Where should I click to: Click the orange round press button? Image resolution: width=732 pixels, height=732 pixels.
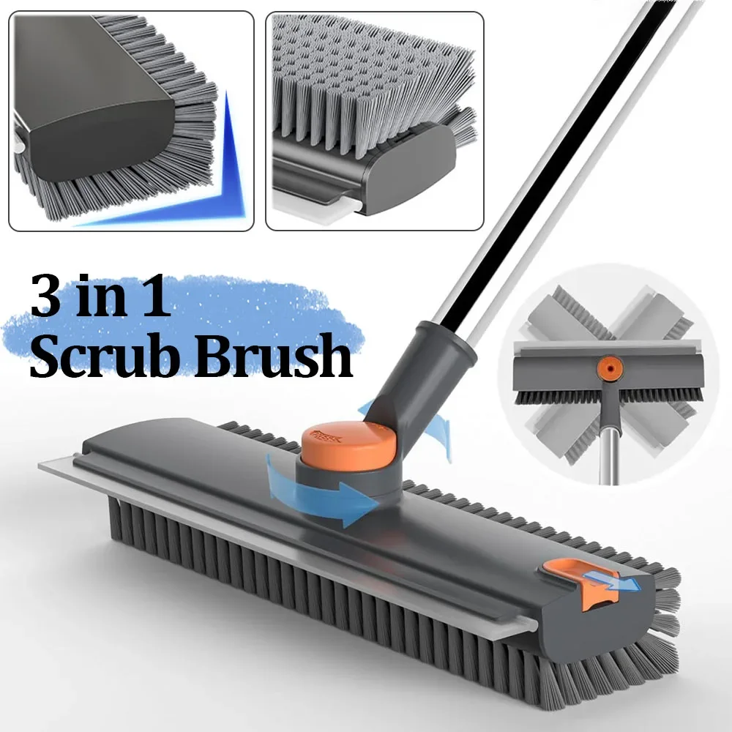(348, 446)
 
